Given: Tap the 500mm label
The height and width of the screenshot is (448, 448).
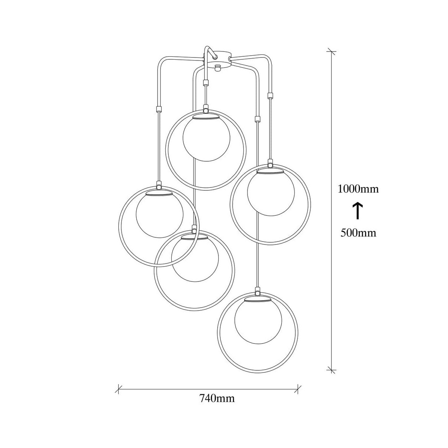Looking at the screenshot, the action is [358, 233].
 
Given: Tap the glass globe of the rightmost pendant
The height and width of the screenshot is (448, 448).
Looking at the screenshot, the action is [271, 193].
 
